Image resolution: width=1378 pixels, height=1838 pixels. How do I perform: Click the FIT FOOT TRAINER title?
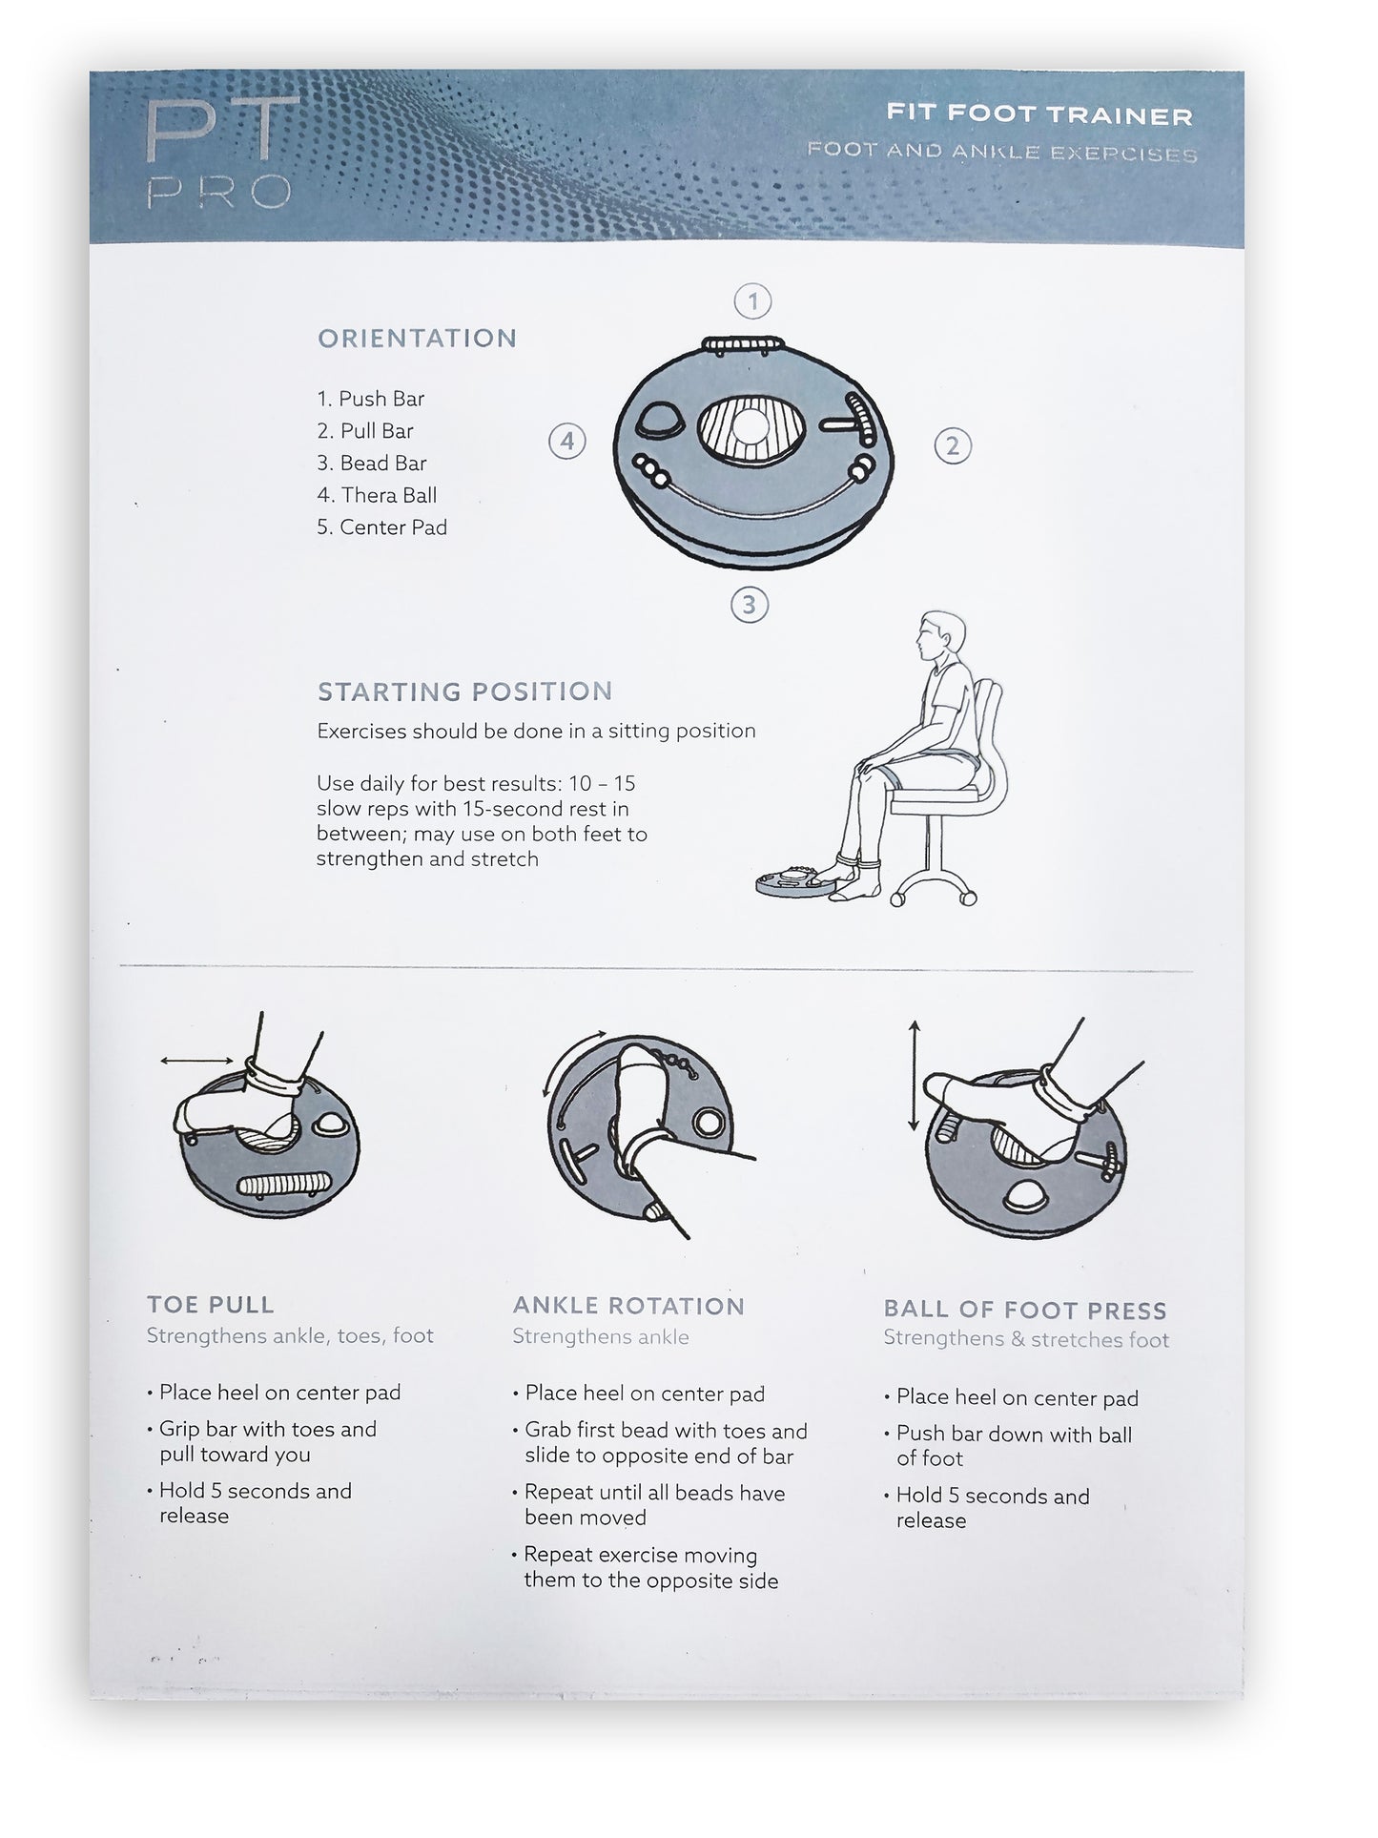coord(1039,115)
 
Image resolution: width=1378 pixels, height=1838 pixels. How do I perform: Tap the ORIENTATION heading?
coord(417,339)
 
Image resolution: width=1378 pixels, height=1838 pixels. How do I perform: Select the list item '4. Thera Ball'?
coord(377,495)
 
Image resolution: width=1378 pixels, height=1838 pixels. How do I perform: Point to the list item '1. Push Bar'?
coord(371,399)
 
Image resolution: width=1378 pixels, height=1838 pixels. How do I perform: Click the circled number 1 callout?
coord(752,302)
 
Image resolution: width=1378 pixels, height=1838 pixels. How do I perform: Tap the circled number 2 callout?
coord(952,445)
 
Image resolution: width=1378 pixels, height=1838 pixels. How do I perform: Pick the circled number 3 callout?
coord(749,605)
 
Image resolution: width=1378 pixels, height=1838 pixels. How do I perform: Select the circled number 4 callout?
coord(566,442)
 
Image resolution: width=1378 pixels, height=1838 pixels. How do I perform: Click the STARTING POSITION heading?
coord(464,692)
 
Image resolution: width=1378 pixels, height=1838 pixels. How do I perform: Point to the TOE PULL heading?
coord(211,1304)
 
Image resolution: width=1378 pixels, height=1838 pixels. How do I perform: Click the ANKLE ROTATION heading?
coord(628,1306)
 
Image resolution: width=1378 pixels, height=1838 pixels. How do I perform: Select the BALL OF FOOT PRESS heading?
coord(1024,1310)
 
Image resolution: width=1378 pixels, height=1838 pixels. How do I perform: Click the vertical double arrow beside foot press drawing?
coord(914,1075)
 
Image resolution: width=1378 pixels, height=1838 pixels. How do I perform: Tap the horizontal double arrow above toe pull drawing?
coord(196,1060)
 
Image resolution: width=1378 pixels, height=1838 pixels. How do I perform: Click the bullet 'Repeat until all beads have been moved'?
coord(654,1504)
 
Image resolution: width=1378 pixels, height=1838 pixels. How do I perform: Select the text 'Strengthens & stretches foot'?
coord(1025,1339)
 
